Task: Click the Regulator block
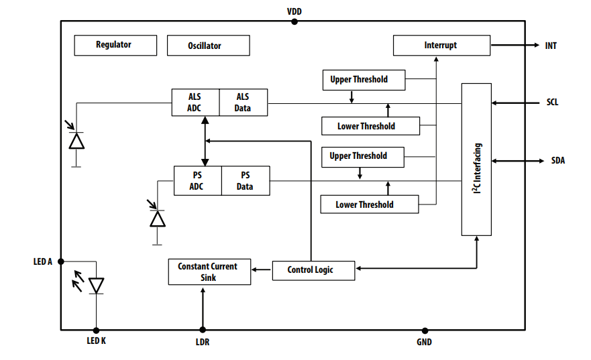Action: tap(115, 46)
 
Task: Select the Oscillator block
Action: tap(208, 46)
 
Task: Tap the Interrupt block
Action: tap(441, 46)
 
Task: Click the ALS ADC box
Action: tap(195, 103)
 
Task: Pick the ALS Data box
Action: tap(243, 103)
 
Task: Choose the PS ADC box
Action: tap(197, 181)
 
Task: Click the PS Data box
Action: tap(246, 181)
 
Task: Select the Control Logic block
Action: tap(313, 270)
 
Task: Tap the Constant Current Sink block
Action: tap(208, 272)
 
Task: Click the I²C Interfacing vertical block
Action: tap(476, 160)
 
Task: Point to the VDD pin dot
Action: tap(294, 21)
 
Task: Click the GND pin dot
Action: tap(425, 330)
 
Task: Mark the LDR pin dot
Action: tap(202, 330)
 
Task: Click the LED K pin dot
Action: tap(96, 330)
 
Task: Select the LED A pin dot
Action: tap(61, 261)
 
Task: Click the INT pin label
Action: tap(550, 46)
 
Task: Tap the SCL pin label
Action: tap(551, 103)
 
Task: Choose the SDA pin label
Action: tap(557, 161)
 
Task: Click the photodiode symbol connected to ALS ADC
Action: tap(76, 140)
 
